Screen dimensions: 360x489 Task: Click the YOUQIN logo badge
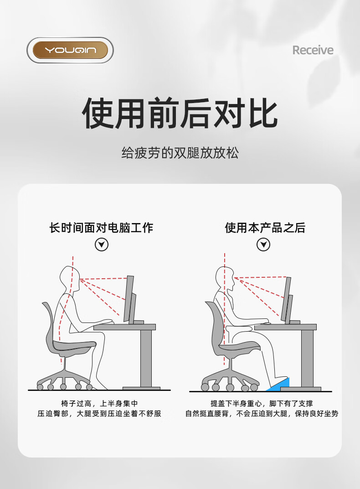coord(70,50)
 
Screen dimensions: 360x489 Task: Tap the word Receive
coord(313,50)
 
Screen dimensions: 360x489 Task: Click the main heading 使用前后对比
coord(180,113)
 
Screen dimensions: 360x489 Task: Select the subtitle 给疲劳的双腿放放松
coord(180,153)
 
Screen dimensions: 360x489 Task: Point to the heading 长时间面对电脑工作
coord(101,228)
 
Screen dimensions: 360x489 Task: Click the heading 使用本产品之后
coord(265,228)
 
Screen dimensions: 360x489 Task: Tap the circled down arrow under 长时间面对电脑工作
coord(102,244)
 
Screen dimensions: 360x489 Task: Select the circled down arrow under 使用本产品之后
coord(263,244)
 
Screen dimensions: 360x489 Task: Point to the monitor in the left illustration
coord(130,299)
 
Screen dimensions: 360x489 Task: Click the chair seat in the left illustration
coord(74,346)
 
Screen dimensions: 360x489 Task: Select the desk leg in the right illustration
coord(307,359)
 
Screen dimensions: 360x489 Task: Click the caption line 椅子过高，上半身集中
coord(99,404)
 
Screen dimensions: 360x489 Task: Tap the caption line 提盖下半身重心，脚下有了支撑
coord(262,404)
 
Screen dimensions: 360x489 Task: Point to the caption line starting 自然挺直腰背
coord(262,414)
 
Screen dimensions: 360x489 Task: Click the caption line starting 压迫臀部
coord(99,414)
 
